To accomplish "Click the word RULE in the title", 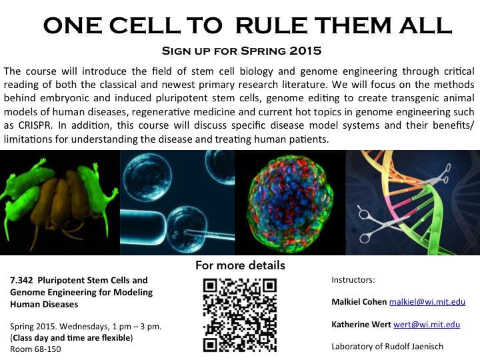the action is coord(272,25).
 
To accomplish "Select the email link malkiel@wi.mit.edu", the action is coord(427,302).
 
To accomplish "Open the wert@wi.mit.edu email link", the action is coord(427,324).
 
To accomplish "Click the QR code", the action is coord(240,315).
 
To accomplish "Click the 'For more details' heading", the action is coord(240,265).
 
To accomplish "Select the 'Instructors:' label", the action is coord(353,280).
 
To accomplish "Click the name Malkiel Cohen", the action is coord(359,302).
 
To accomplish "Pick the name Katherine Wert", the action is coord(361,324).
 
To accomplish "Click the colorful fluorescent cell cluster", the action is coord(289,203).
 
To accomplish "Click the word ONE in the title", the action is coord(73,25).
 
